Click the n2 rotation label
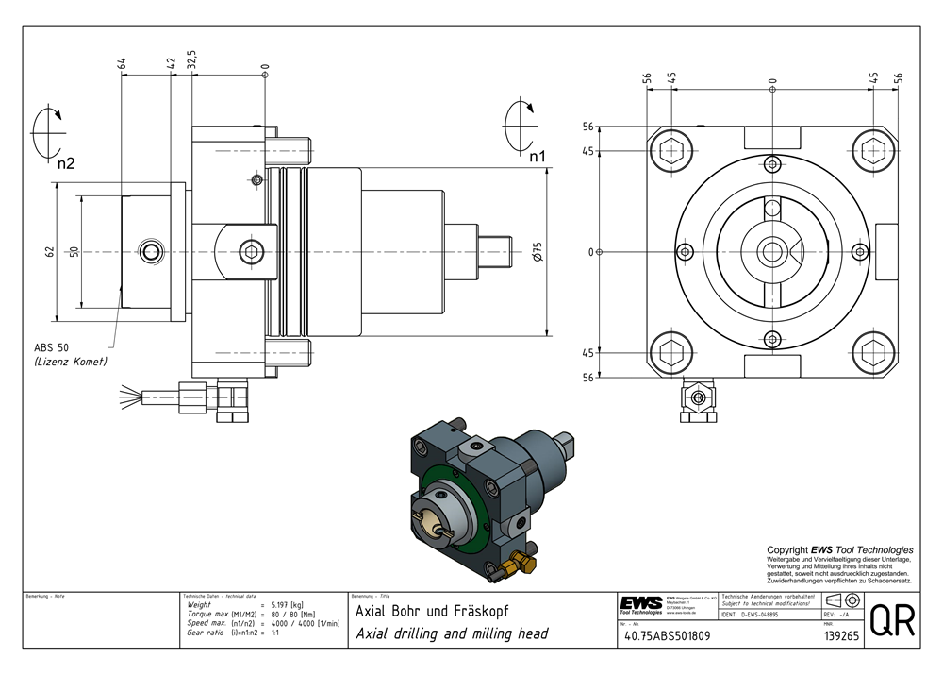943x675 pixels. [65, 163]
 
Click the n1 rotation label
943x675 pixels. [538, 156]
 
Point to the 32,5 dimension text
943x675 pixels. [191, 60]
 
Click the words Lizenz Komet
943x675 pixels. [71, 362]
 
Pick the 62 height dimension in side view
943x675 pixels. [48, 252]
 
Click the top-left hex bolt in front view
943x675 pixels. [672, 150]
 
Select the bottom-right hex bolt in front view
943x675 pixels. [872, 353]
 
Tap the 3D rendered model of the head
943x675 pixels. [486, 496]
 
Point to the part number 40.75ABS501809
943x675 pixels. [666, 636]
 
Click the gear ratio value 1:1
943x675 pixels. [275, 633]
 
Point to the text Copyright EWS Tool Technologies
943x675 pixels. [839, 549]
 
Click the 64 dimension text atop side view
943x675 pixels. [123, 63]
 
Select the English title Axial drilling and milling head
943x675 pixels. [451, 633]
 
